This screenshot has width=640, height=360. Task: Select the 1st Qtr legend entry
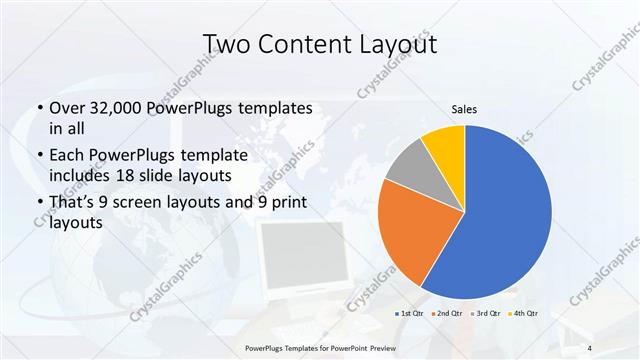(x=411, y=314)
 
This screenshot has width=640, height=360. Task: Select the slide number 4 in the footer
(x=590, y=346)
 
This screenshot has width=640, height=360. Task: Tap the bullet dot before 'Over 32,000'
(x=38, y=108)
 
